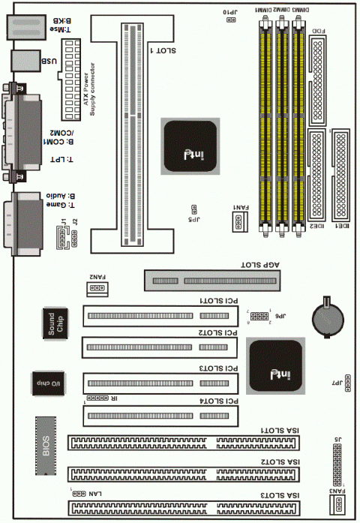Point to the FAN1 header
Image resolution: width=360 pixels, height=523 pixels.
(x=238, y=220)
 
